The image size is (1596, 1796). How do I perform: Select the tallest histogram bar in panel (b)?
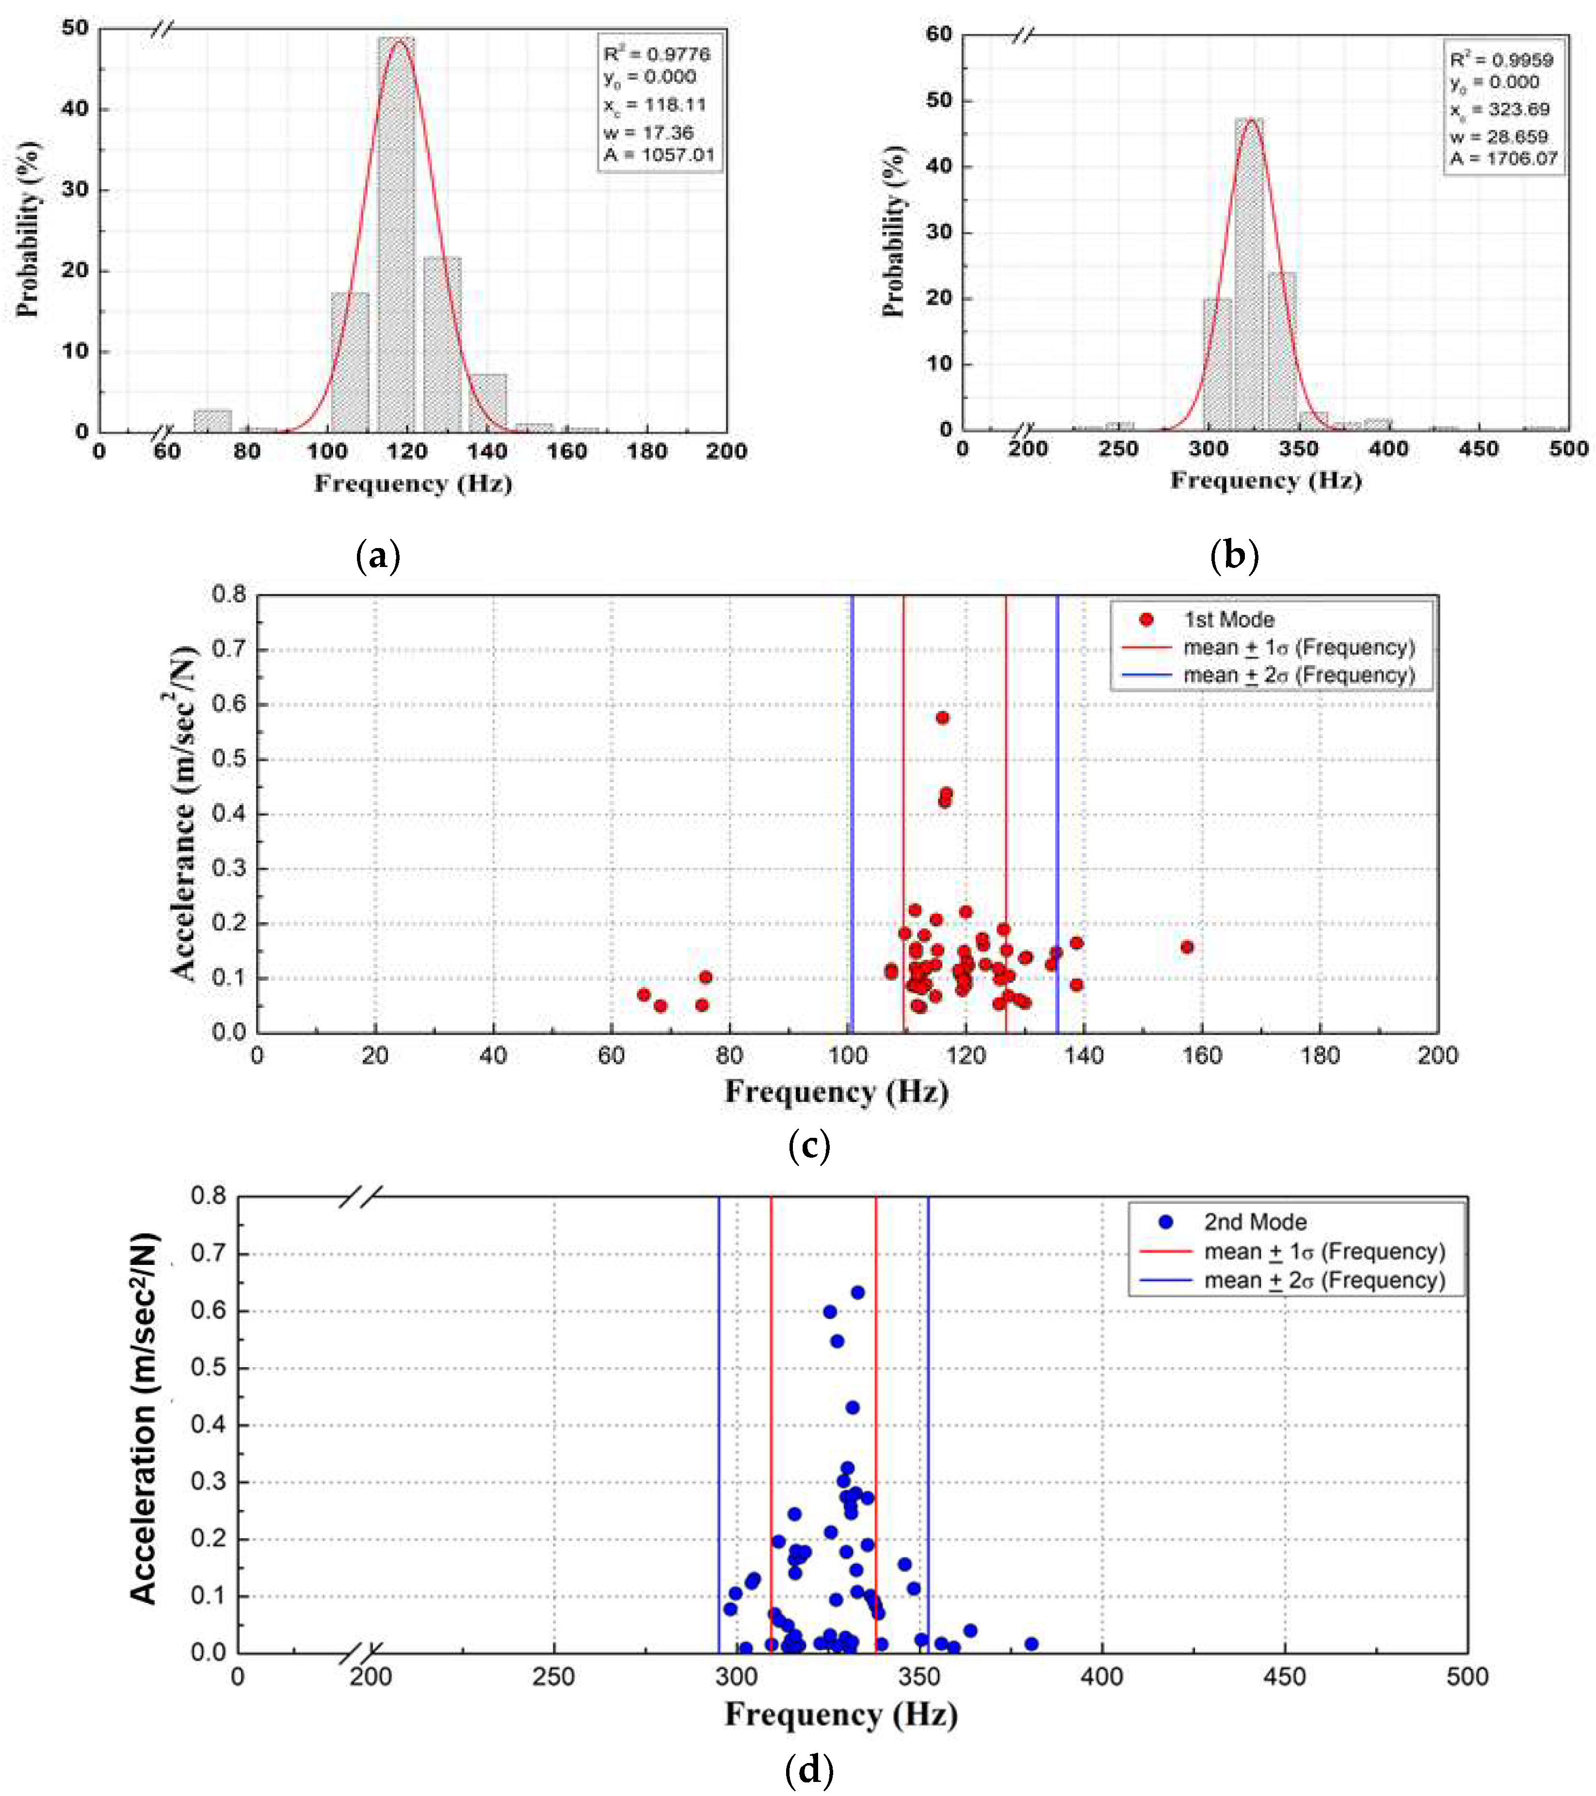pyautogui.click(x=1249, y=277)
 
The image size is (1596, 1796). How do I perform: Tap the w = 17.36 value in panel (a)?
pyautogui.click(x=648, y=133)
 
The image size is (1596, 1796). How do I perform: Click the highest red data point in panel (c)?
pyautogui.click(x=942, y=718)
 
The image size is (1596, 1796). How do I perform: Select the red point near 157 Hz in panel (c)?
pyautogui.click(x=1187, y=947)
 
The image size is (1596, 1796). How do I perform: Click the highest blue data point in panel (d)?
pyautogui.click(x=857, y=1293)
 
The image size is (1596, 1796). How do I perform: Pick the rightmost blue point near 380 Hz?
pyautogui.click(x=1031, y=1644)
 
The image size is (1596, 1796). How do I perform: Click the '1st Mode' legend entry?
pyautogui.click(x=1228, y=619)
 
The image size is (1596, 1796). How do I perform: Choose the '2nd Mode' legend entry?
pyautogui.click(x=1254, y=1222)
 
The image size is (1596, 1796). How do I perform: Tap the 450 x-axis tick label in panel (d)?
pyautogui.click(x=1284, y=1677)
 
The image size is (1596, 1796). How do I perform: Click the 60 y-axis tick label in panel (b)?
pyautogui.click(x=939, y=34)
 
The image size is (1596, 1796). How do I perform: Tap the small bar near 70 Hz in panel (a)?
pyautogui.click(x=212, y=421)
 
